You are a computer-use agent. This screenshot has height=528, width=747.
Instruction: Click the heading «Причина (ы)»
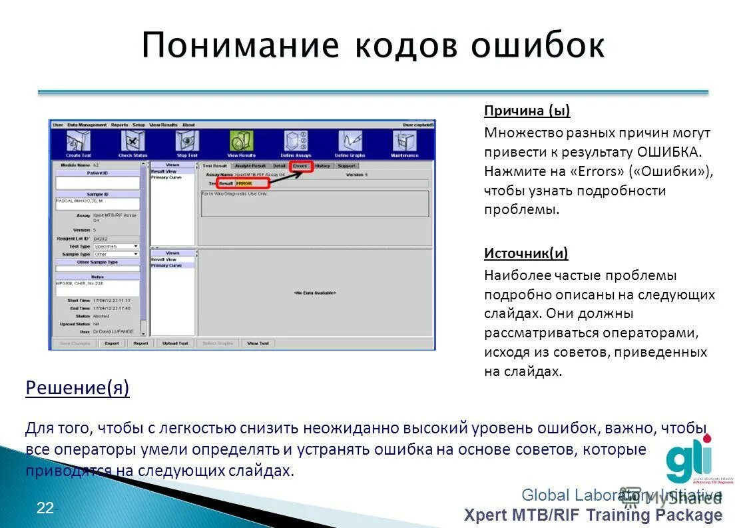[x=527, y=111]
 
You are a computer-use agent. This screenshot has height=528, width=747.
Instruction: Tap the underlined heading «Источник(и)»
[x=526, y=253]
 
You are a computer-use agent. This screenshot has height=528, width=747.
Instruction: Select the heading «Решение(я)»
[x=77, y=388]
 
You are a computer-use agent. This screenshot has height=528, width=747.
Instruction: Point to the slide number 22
[x=45, y=509]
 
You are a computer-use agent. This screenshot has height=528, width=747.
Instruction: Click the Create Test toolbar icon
[x=78, y=142]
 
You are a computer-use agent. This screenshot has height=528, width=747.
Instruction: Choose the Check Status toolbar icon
[x=132, y=142]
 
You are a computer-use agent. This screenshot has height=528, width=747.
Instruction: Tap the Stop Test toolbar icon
[x=187, y=142]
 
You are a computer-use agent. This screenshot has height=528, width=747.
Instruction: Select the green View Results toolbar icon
[x=241, y=142]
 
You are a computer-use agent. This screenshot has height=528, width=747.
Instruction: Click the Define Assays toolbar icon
[x=296, y=142]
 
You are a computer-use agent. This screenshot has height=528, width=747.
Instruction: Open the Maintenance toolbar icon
[x=404, y=142]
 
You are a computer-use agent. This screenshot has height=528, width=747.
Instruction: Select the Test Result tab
[x=215, y=165]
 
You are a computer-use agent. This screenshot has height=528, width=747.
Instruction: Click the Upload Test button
[x=175, y=343]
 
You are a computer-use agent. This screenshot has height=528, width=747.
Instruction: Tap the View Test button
[x=258, y=343]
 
